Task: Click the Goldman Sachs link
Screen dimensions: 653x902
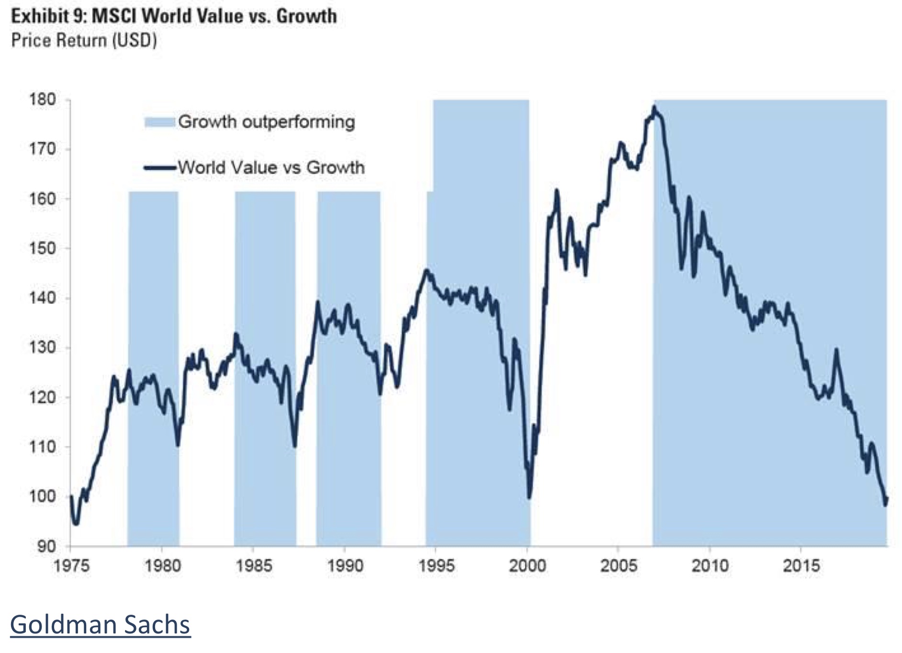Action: [x=100, y=625]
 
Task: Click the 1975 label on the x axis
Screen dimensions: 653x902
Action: [x=71, y=566]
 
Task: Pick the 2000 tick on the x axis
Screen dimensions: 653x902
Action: [x=527, y=566]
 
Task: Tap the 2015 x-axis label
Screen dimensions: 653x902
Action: [x=801, y=566]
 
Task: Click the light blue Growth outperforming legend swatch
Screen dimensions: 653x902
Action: [x=159, y=122]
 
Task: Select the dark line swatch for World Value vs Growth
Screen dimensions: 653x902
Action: [x=159, y=168]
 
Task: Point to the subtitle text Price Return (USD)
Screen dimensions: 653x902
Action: [x=84, y=41]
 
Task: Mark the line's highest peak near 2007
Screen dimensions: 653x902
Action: [x=654, y=107]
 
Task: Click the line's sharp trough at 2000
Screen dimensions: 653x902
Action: [x=529, y=497]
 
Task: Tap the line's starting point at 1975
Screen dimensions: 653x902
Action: [x=71, y=496]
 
